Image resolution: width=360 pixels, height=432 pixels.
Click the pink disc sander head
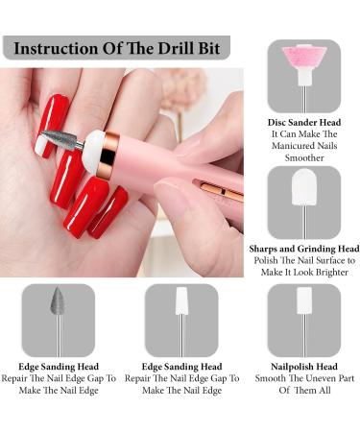(303, 60)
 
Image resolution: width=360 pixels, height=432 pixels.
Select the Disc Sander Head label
(303, 123)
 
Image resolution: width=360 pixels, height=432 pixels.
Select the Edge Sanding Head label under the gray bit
(58, 366)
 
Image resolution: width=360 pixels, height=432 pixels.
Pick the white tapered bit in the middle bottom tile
(180, 306)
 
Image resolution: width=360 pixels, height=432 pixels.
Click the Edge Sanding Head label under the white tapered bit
(180, 366)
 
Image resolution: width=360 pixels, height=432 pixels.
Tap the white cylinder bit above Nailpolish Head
(303, 306)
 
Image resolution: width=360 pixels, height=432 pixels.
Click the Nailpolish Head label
(303, 366)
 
